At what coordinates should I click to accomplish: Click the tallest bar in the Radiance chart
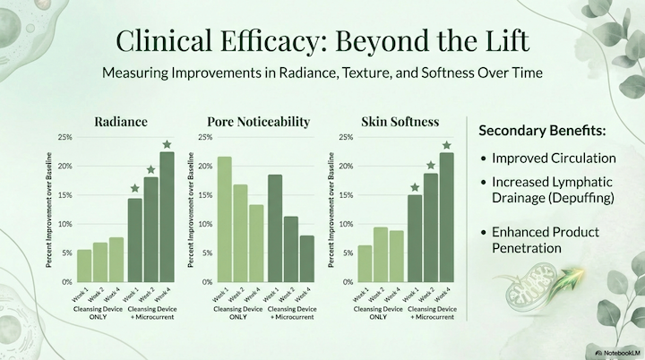tap(167, 217)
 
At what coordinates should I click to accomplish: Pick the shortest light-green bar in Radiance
tap(84, 265)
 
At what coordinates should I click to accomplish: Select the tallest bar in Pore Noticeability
tap(224, 219)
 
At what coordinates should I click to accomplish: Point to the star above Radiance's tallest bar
tap(167, 144)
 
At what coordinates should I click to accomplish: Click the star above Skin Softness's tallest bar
tap(446, 145)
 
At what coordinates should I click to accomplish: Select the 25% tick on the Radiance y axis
tap(64, 137)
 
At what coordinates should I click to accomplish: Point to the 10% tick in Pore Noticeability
tap(204, 224)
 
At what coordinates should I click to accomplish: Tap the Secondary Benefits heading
tap(543, 130)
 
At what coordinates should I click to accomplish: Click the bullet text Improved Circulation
tap(553, 158)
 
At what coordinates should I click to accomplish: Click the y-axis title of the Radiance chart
tap(50, 210)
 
